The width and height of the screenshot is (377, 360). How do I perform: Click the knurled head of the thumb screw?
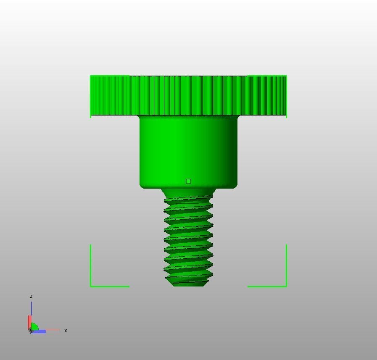(x=188, y=95)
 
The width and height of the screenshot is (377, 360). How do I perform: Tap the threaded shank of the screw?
(x=188, y=239)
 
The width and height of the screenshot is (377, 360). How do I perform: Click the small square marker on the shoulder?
(x=188, y=181)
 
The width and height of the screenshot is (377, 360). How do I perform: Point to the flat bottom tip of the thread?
(x=188, y=284)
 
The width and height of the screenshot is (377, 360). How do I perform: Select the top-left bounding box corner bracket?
(x=91, y=77)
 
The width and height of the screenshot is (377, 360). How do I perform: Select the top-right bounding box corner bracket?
(x=285, y=77)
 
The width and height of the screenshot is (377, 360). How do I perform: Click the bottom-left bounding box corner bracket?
(x=92, y=285)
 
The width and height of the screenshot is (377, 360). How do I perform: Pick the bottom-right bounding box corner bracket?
(x=285, y=285)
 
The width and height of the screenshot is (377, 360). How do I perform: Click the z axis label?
(x=31, y=296)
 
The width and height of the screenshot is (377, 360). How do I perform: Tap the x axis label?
(x=66, y=331)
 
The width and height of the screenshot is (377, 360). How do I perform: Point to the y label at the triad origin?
(x=31, y=331)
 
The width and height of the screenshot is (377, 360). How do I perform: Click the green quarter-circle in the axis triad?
(x=34, y=326)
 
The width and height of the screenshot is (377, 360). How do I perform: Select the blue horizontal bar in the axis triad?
(x=39, y=332)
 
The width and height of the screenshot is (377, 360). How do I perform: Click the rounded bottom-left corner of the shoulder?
(x=142, y=185)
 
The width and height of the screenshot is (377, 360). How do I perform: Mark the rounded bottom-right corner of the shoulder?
(x=235, y=185)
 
